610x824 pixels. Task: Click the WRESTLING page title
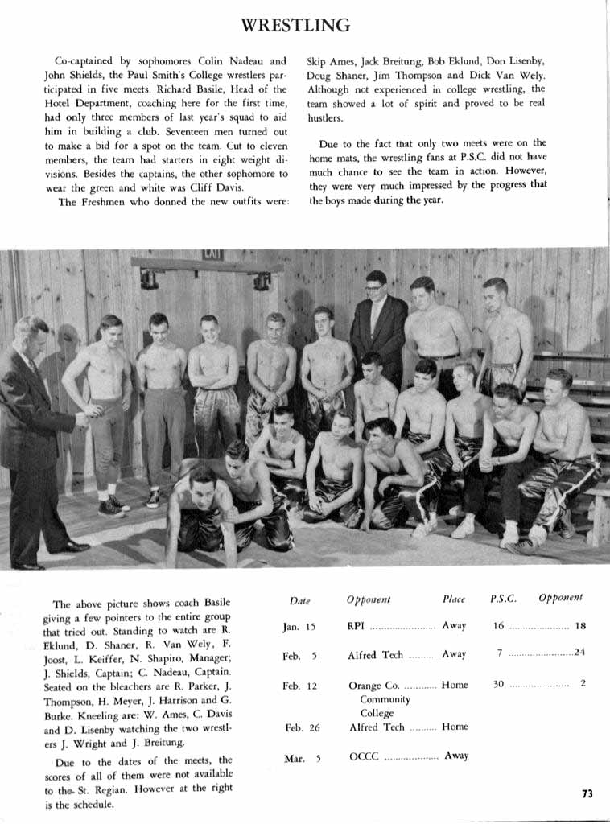(x=296, y=25)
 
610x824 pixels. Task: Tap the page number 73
(x=587, y=793)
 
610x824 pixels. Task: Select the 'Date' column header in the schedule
(x=299, y=600)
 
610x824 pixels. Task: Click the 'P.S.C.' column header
(x=503, y=599)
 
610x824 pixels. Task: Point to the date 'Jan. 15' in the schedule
(x=299, y=626)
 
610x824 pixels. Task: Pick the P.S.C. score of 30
(x=498, y=684)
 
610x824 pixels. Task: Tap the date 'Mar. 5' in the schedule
(x=302, y=758)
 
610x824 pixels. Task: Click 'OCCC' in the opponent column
(x=364, y=756)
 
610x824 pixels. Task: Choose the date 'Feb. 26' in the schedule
(x=302, y=727)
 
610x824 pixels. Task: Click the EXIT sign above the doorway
(x=212, y=255)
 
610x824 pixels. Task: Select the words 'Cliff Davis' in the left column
(x=217, y=188)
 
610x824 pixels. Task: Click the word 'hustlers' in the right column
(x=326, y=117)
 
